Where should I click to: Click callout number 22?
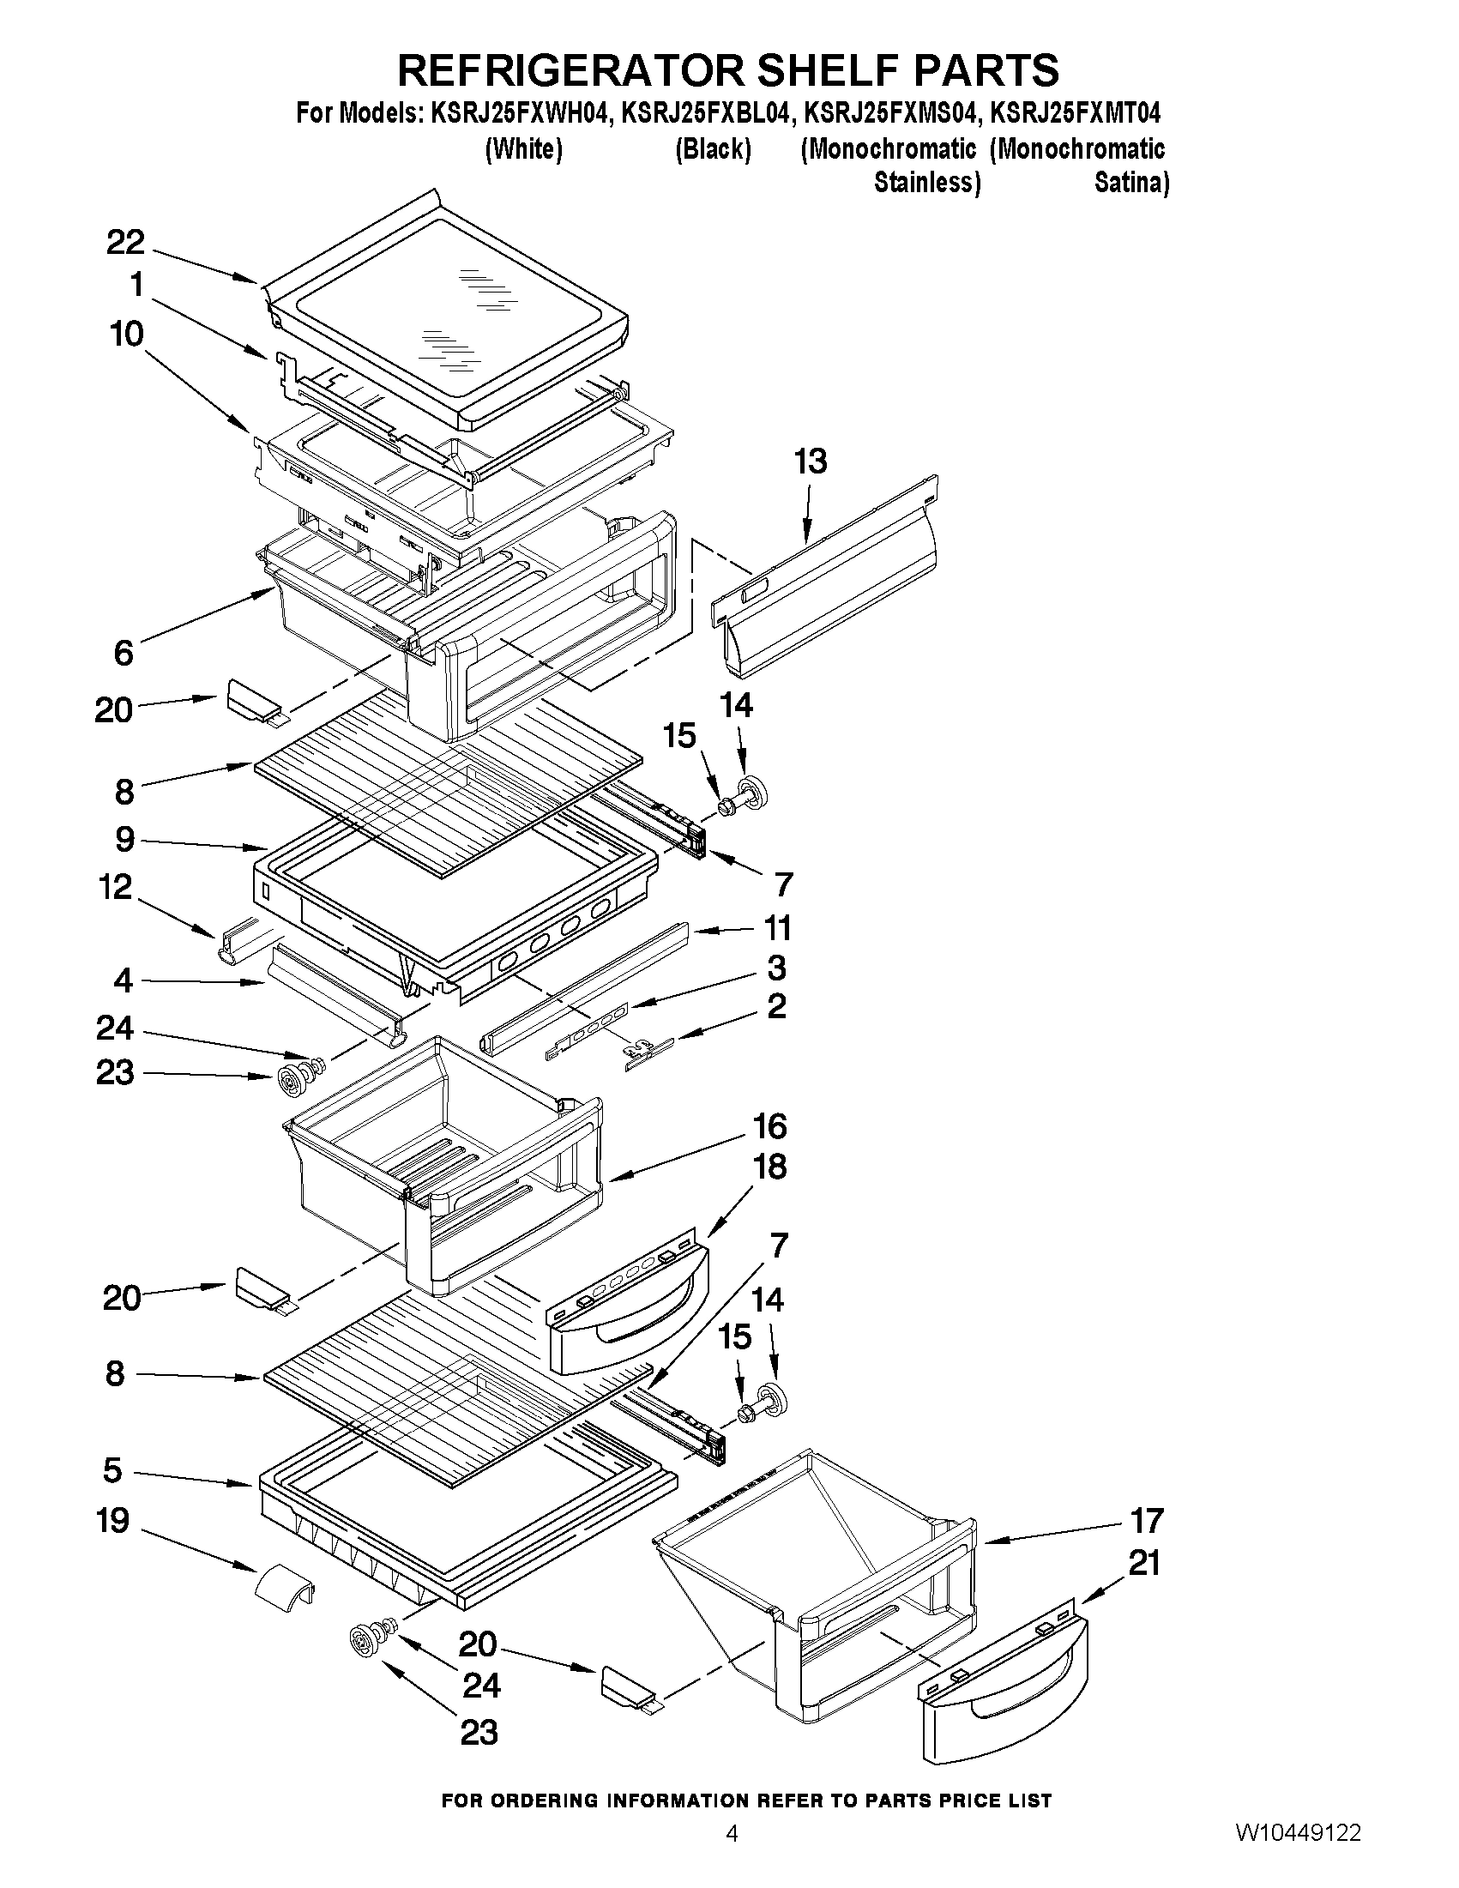(125, 243)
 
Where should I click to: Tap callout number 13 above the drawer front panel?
(810, 461)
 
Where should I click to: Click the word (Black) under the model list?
(713, 149)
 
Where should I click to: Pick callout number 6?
(124, 653)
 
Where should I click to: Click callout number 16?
(769, 1126)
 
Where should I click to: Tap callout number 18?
(770, 1167)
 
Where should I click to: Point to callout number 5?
(113, 1469)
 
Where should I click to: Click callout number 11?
(777, 928)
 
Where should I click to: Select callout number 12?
(115, 887)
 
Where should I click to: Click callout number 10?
(126, 334)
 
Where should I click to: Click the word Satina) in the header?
(1131, 184)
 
